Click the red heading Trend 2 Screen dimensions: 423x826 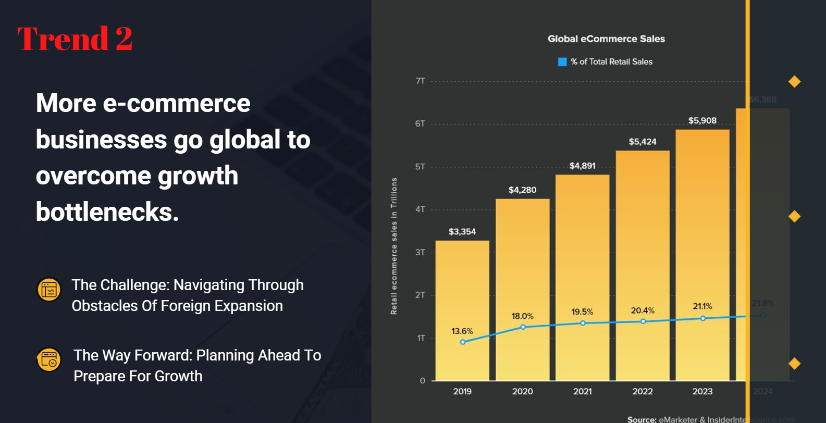coord(75,39)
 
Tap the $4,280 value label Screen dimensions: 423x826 coord(522,190)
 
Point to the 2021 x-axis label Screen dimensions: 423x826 coord(582,392)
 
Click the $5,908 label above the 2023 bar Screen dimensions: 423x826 coord(702,121)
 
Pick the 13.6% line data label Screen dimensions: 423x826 coord(462,331)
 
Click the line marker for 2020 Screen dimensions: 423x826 coord(523,327)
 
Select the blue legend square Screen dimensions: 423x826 coord(562,62)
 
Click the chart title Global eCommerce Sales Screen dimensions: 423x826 coord(606,39)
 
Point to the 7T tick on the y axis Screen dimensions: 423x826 coord(420,81)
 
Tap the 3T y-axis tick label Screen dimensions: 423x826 coord(420,253)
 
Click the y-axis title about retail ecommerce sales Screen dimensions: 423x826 coord(394,246)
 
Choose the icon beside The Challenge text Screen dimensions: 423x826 coord(49,290)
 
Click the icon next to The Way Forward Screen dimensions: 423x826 coord(49,360)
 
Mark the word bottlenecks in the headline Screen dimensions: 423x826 coord(107,212)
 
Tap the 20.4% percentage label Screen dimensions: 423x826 coord(642,311)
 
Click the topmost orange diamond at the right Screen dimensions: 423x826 coord(794,82)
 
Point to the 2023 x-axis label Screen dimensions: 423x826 coord(702,392)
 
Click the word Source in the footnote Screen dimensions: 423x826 coord(641,419)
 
